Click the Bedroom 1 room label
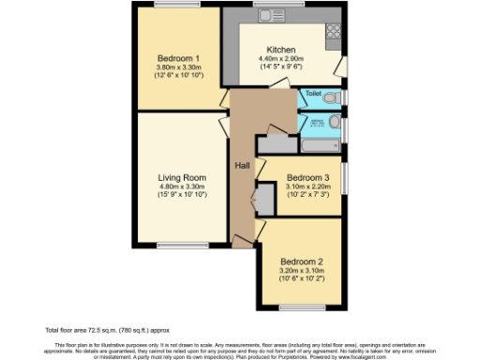point(178,56)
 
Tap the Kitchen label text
point(281,50)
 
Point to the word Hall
point(242,165)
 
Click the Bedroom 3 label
point(307,177)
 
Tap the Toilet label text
point(313,95)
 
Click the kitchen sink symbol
point(273,16)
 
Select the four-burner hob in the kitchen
point(334,33)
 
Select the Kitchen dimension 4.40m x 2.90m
point(281,59)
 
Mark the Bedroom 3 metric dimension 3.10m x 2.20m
point(307,187)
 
